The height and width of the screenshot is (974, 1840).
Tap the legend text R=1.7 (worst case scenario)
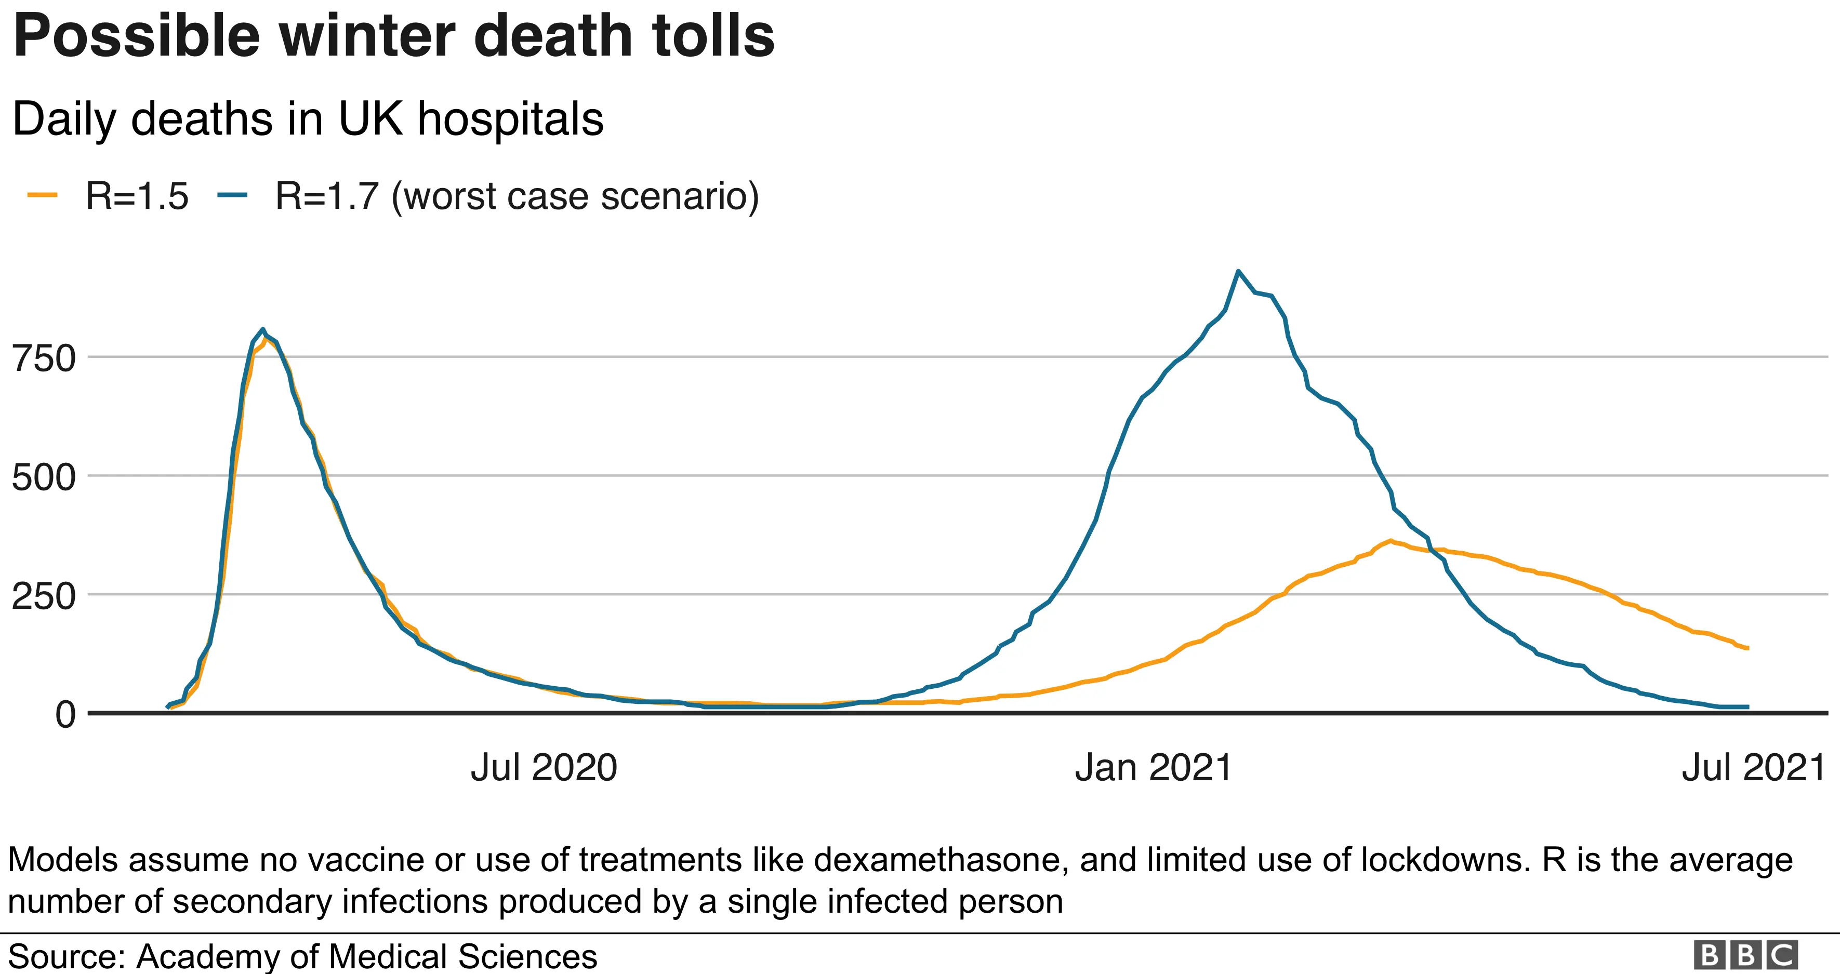517,196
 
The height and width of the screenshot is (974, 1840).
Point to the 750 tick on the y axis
44,358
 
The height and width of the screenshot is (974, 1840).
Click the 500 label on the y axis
44,477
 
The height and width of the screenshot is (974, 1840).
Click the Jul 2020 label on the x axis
544,768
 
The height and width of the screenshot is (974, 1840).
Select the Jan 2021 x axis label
1154,768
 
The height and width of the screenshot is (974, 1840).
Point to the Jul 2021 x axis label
1754,768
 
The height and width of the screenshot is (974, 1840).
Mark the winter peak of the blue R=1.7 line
1238,271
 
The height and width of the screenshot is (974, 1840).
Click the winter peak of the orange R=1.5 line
1390,541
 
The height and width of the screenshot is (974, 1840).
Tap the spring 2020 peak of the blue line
263,329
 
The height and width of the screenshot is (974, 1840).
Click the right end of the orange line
1747,648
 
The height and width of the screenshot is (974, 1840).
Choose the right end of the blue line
1747,707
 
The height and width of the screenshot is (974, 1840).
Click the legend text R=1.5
137,196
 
